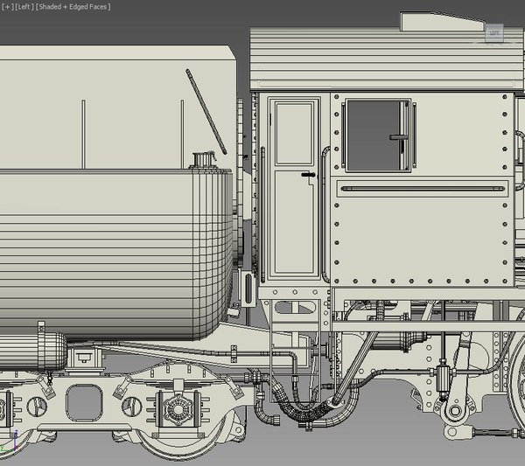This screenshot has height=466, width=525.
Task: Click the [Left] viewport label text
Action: coord(24,6)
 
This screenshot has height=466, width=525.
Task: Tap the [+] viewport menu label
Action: coord(7,6)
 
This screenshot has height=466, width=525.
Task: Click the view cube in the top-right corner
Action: coord(494,33)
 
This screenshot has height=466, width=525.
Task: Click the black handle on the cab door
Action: coord(307,175)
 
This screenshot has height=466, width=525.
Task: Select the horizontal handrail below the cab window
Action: coord(424,188)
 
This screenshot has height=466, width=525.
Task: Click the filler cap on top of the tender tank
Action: coord(205,160)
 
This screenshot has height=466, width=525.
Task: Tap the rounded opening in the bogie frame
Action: coord(84,403)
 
